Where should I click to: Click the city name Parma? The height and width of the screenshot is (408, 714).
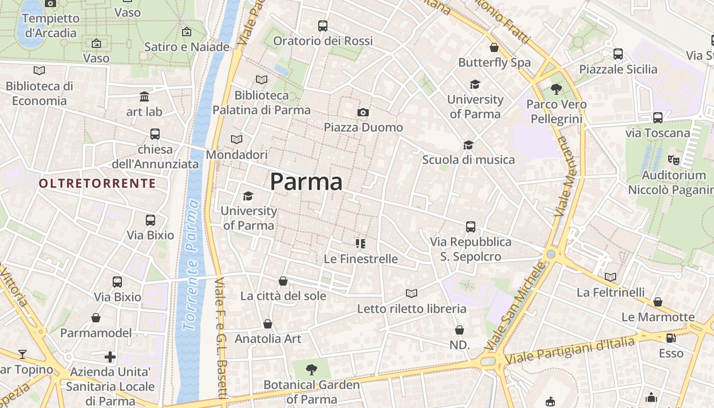click(x=306, y=182)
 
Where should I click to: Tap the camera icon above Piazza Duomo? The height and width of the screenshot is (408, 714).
click(x=363, y=112)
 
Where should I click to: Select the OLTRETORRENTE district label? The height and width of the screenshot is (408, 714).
click(x=97, y=183)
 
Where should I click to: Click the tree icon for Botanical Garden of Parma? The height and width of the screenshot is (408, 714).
click(x=312, y=370)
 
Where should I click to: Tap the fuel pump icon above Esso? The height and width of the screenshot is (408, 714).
click(x=671, y=338)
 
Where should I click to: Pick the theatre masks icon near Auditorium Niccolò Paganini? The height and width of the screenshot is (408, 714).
click(x=674, y=160)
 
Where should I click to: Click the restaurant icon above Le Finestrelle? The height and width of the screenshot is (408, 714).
click(x=361, y=244)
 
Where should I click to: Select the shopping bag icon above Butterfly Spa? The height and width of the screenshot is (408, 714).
click(x=494, y=48)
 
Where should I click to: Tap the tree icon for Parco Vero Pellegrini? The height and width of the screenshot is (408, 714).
click(x=556, y=89)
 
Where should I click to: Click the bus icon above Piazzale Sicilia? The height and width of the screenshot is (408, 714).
click(x=618, y=54)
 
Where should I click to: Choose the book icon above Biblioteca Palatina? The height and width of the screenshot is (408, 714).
click(x=262, y=80)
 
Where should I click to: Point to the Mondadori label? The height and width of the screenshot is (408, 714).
click(x=237, y=155)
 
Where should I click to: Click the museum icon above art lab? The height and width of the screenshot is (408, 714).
click(x=144, y=96)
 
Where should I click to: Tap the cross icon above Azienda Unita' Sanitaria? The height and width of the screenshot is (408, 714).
click(x=110, y=356)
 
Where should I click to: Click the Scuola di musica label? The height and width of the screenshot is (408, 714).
click(x=468, y=160)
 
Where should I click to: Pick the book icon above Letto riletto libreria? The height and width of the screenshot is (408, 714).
click(x=412, y=293)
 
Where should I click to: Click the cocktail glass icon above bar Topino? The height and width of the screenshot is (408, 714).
click(x=22, y=354)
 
